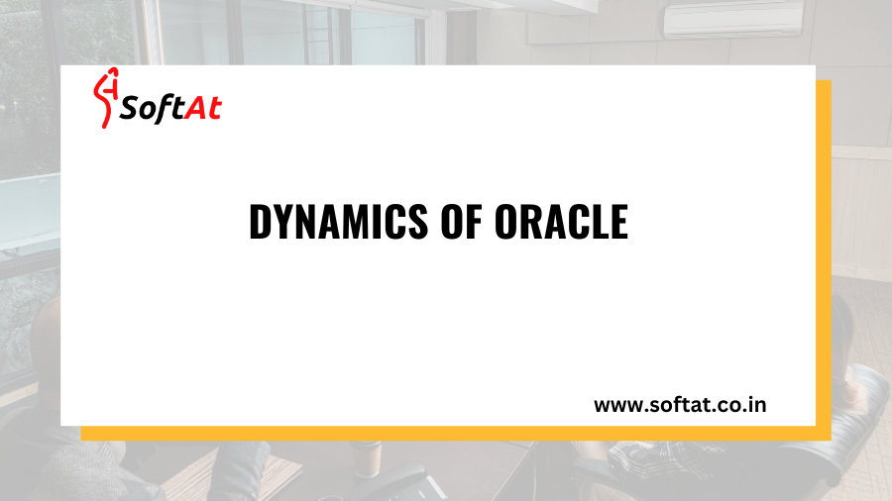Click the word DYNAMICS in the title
pyautogui.click(x=328, y=224)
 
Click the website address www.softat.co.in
pyautogui.click(x=679, y=405)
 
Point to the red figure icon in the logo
pyautogui.click(x=105, y=100)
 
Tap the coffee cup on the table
pyautogui.click(x=368, y=457)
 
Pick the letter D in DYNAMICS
pyautogui.click(x=260, y=224)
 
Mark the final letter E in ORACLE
pyautogui.click(x=618, y=224)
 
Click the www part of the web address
pyautogui.click(x=614, y=405)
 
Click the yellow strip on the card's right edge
pyautogui.click(x=823, y=257)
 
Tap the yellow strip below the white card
pyautogui.click(x=446, y=434)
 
